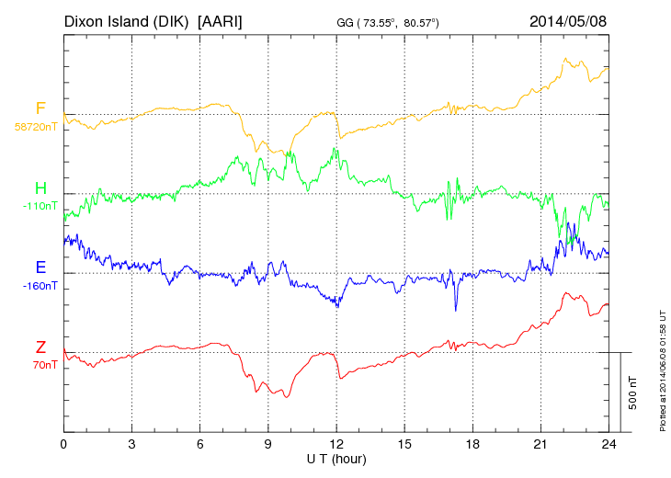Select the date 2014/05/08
click(x=569, y=20)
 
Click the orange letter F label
click(x=40, y=109)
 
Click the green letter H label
click(x=40, y=188)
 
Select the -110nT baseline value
click(x=40, y=205)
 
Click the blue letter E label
click(x=40, y=267)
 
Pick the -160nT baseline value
click(x=40, y=285)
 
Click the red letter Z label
click(x=40, y=347)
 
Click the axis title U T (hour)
click(x=336, y=459)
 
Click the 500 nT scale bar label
click(x=633, y=393)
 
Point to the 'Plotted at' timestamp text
click(x=662, y=368)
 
